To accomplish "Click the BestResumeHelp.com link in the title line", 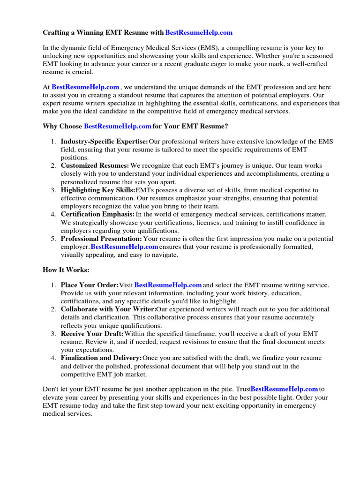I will (x=199, y=33).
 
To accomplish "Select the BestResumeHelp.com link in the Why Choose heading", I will (x=117, y=126).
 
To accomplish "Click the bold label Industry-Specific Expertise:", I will (x=104, y=142).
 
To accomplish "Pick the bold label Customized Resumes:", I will (x=95, y=166).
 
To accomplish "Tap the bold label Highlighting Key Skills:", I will (x=97, y=190).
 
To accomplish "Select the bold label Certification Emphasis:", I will (x=97, y=214).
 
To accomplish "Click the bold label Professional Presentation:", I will (x=101, y=239).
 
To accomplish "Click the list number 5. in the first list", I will (x=53, y=239).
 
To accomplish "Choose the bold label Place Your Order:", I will (x=90, y=285).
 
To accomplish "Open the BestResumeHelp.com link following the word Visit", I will (x=168, y=285).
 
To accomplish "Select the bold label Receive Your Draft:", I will (x=92, y=333).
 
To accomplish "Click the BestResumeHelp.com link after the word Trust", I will (x=285, y=389).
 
